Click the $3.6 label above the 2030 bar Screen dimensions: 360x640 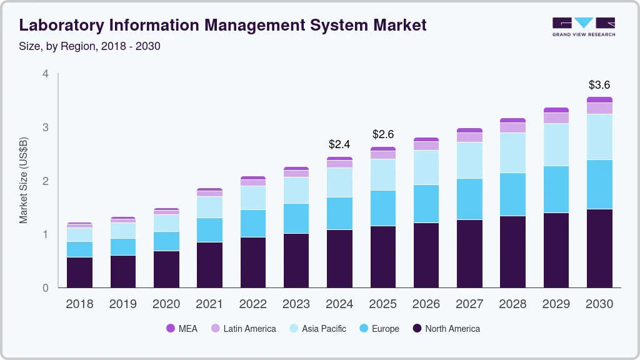599,85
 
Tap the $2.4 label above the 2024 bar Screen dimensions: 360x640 339,144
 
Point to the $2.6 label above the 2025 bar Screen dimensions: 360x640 383,134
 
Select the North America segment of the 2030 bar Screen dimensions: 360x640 599,248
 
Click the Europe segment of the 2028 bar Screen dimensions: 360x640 512,194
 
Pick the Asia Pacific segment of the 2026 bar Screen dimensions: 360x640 426,167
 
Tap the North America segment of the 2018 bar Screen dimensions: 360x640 79,272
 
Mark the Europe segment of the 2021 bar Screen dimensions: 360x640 209,230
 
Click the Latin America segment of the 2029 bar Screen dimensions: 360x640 556,118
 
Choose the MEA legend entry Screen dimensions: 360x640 181,329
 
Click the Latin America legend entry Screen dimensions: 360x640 243,329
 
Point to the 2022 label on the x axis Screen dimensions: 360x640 252,304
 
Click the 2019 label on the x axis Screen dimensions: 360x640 122,304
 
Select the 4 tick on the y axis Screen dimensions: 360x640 45,74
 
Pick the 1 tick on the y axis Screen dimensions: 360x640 45,234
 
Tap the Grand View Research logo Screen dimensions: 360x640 584,26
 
